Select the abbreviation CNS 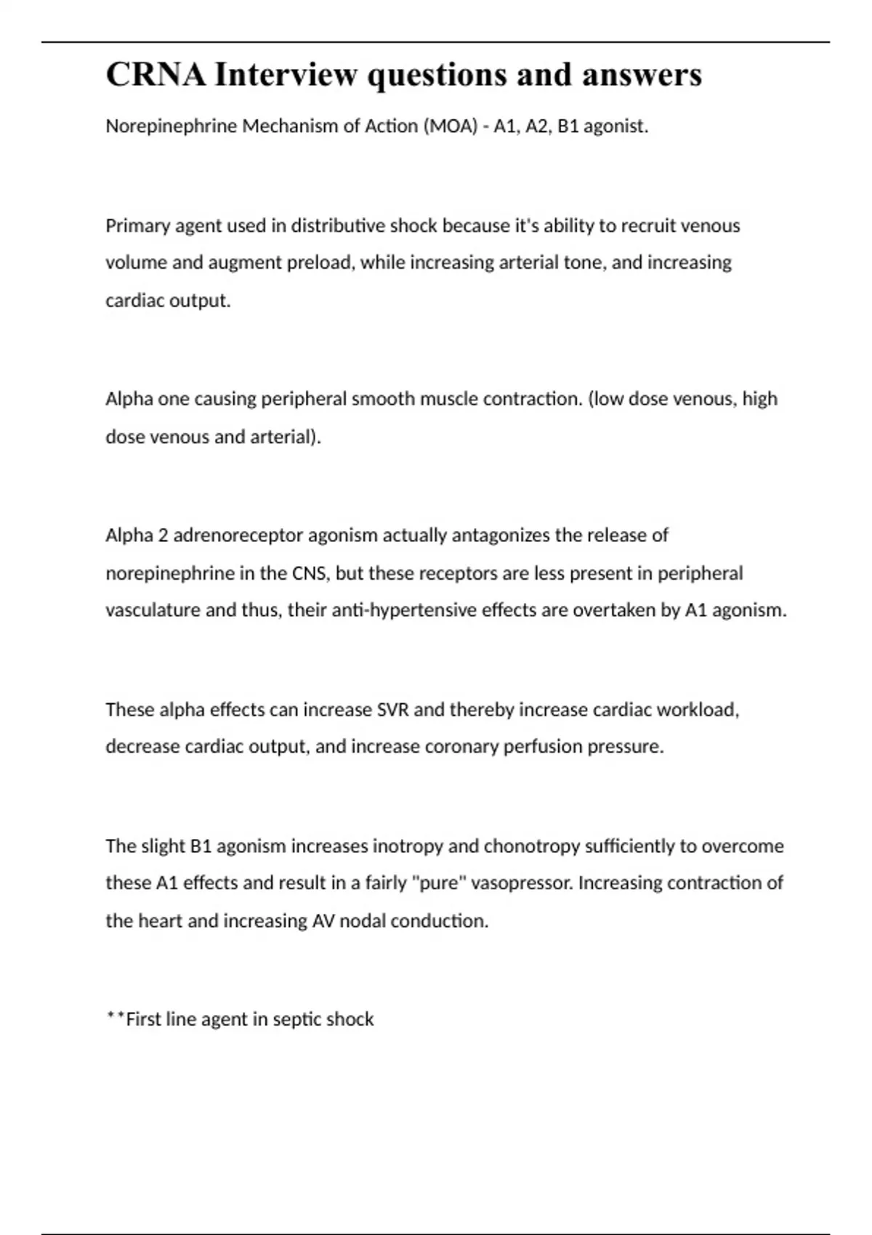[310, 573]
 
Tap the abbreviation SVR [393, 709]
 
